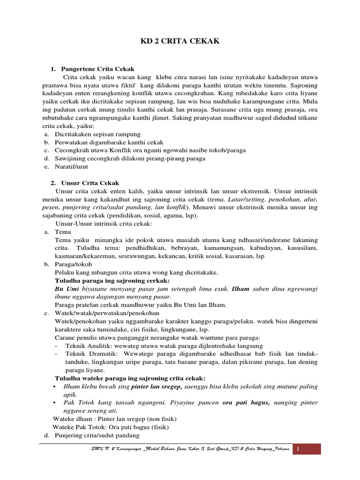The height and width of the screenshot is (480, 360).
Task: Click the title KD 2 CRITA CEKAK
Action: (180, 42)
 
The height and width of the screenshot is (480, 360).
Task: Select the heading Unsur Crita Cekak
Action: (90, 183)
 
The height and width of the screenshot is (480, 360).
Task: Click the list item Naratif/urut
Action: (71, 166)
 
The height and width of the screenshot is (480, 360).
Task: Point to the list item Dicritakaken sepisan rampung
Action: (97, 134)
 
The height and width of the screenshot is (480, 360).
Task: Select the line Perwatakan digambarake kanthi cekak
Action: (109, 142)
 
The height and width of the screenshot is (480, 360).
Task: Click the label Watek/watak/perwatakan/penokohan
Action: (107, 313)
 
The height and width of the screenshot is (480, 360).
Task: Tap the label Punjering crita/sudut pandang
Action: (97, 435)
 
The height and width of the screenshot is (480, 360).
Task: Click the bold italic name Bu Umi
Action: (67, 288)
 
